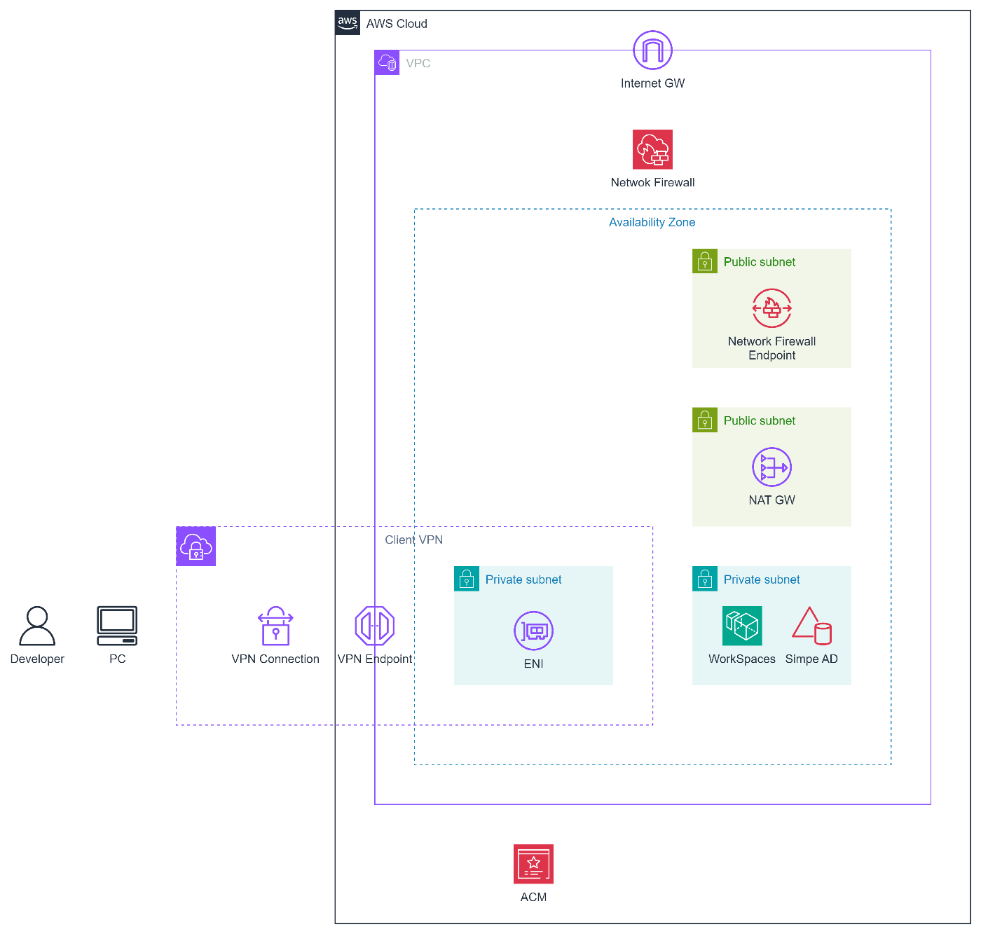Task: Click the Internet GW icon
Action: [x=652, y=50]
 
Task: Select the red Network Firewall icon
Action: [x=652, y=149]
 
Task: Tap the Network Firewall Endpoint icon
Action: [x=771, y=308]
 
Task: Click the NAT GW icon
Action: [x=771, y=467]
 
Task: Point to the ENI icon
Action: [x=533, y=631]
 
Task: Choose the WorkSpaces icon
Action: [x=742, y=626]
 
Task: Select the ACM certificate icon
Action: [x=533, y=864]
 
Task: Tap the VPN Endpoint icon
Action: [x=375, y=626]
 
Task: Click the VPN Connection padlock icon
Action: [x=275, y=626]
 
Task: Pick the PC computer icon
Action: [x=117, y=626]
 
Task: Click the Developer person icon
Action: [x=37, y=626]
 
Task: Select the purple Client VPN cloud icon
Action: [x=195, y=547]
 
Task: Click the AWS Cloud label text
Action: [x=396, y=24]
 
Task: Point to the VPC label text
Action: [x=418, y=64]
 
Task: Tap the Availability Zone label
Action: [x=652, y=222]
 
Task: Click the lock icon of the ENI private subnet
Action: [x=467, y=579]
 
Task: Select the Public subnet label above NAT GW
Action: [x=759, y=421]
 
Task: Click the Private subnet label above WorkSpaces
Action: [x=761, y=580]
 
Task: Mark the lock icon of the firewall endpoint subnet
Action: [x=705, y=261]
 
